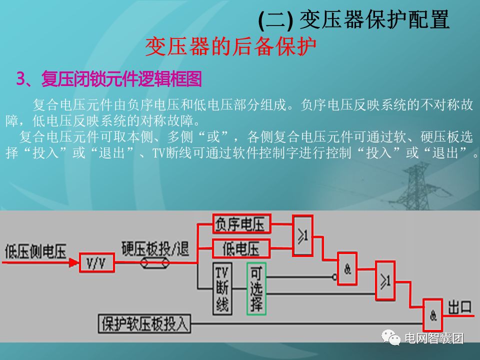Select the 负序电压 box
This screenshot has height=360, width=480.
241,224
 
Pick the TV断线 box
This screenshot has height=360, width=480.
222,288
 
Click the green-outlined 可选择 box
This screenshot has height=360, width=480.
256,288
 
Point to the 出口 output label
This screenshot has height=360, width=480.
460,307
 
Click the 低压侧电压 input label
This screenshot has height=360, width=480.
35,251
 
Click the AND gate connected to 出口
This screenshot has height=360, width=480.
434,314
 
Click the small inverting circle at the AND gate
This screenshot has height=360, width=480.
334,276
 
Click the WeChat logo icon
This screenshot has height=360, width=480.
391,337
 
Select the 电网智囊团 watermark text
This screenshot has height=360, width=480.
434,338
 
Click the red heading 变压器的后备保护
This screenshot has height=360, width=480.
231,47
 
